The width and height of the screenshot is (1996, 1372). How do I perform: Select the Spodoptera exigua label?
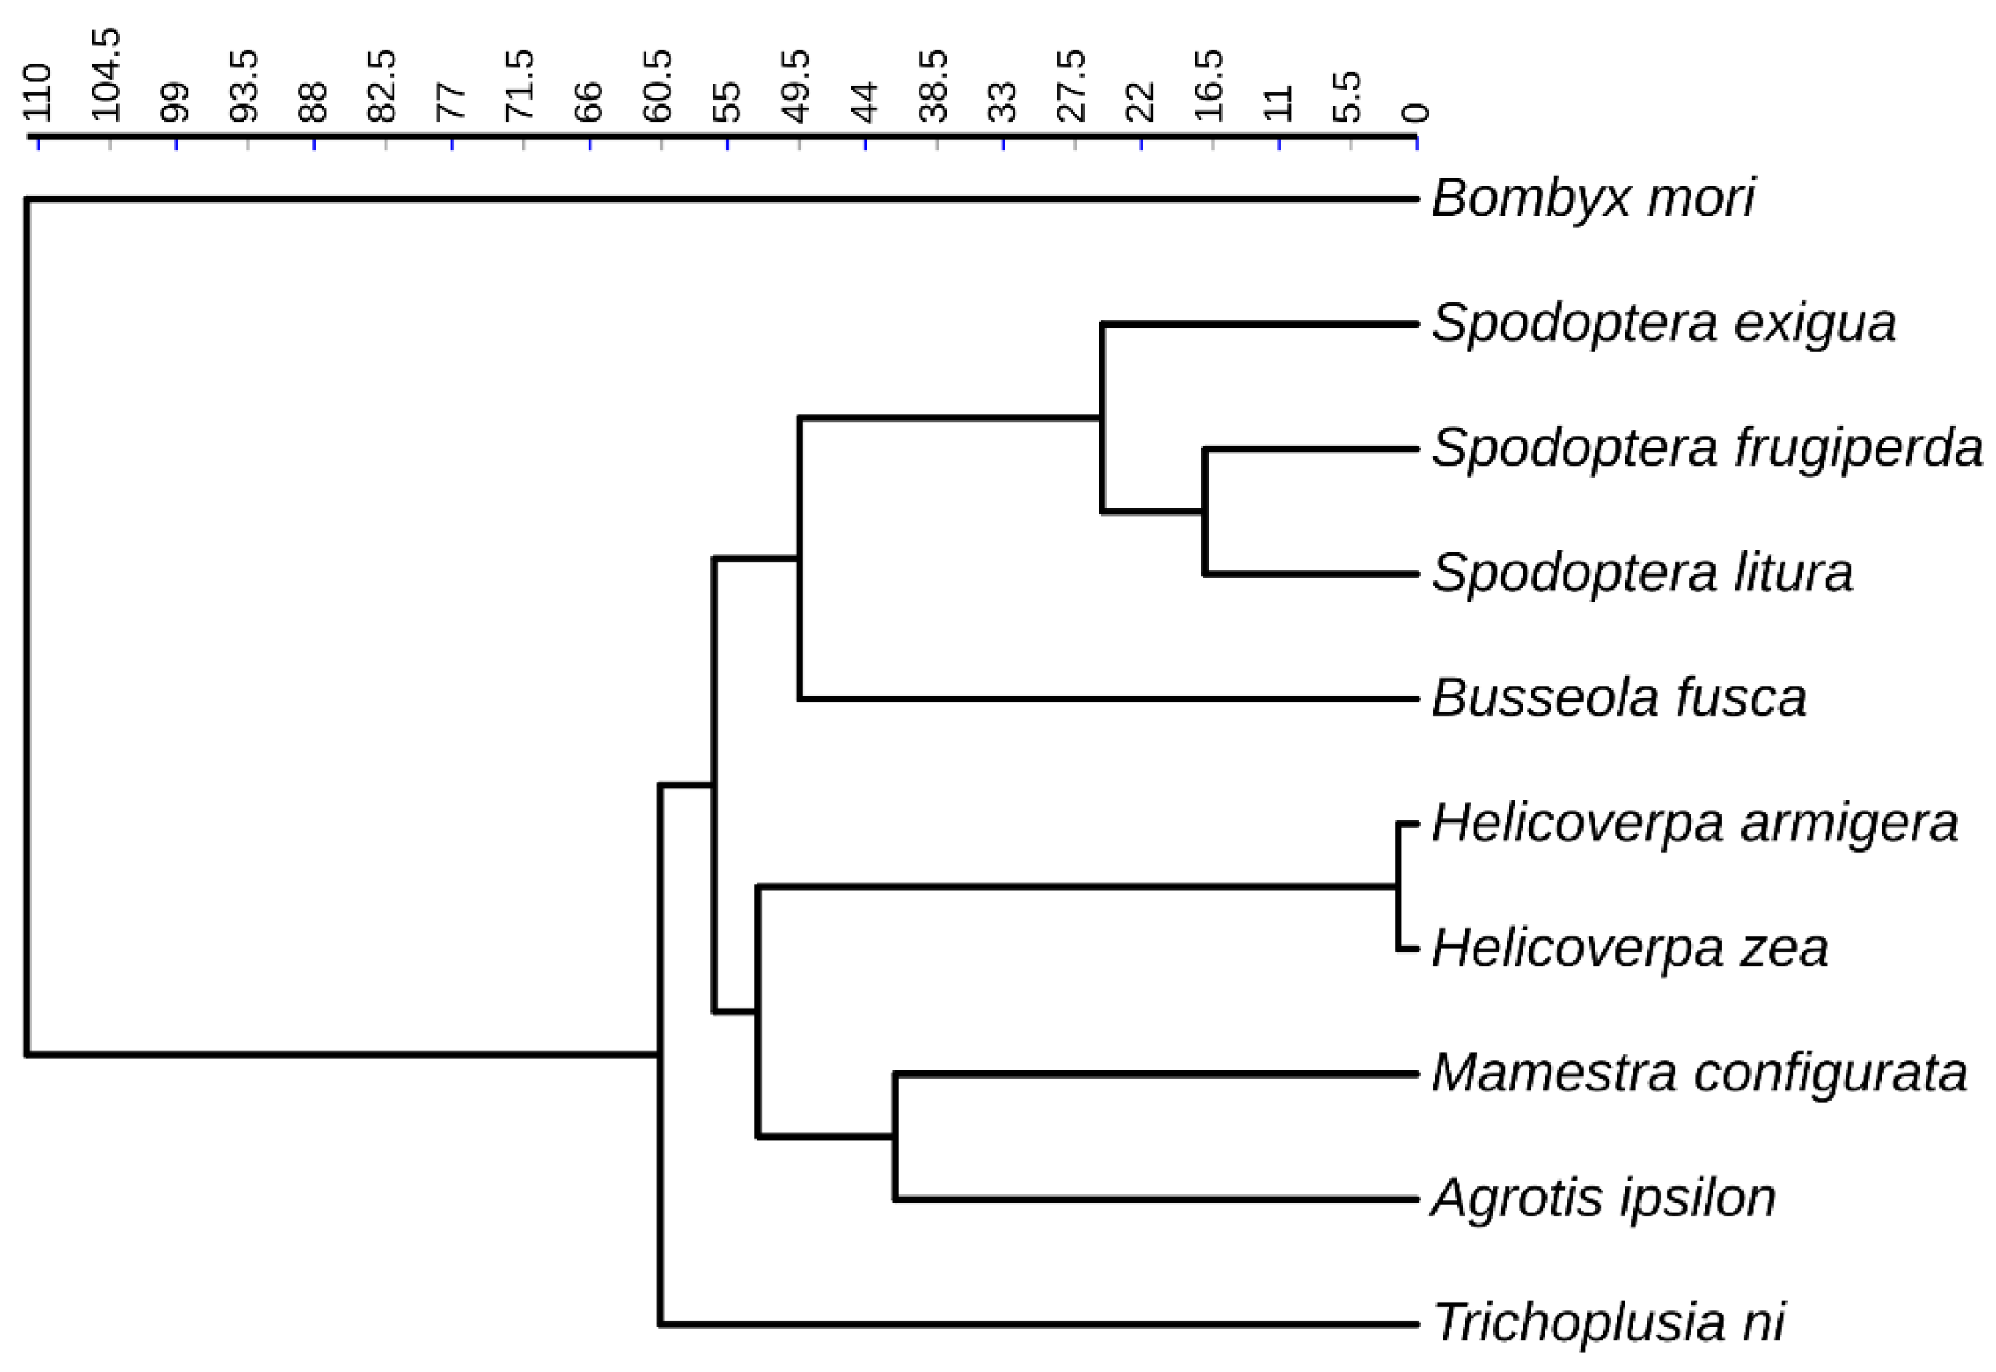[1664, 324]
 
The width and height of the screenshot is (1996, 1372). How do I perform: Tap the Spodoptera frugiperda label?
[1707, 449]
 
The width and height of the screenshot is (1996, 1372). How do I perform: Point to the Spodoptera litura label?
[1642, 574]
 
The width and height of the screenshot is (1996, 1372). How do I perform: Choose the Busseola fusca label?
[1619, 698]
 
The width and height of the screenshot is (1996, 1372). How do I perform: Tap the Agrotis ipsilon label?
[1604, 1198]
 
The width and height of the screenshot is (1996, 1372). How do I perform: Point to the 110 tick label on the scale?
[38, 93]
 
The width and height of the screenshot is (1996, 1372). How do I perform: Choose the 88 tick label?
[314, 101]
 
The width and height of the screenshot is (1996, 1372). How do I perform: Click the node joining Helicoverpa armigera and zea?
[1398, 886]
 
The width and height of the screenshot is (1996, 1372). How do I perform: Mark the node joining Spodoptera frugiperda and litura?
[1205, 511]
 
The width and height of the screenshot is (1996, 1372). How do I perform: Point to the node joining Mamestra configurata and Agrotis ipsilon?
[895, 1136]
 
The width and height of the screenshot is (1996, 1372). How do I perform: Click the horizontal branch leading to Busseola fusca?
[1109, 699]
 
